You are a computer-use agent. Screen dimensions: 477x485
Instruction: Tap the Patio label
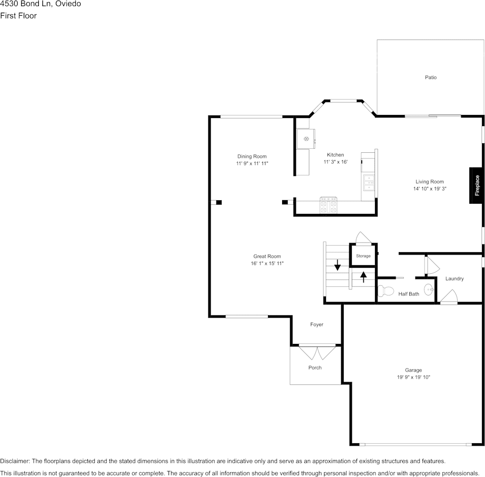click(430, 78)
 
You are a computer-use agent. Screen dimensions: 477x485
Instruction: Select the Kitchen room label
click(335, 155)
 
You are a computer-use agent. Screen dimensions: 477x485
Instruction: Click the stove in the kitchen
click(329, 205)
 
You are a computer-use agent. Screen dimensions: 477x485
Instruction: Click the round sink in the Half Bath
click(428, 289)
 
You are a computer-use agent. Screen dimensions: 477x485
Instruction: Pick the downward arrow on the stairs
click(337, 265)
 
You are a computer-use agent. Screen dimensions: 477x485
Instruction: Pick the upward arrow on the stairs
click(363, 277)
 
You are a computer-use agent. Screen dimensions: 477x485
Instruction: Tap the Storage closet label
click(363, 256)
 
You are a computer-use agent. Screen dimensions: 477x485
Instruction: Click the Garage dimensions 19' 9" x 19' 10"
click(413, 377)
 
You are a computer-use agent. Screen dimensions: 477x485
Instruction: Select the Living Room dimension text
click(429, 189)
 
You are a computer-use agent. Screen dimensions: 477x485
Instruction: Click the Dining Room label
click(252, 156)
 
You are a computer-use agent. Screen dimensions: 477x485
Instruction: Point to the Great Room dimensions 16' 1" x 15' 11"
click(267, 264)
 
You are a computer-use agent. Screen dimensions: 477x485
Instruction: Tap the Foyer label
click(316, 325)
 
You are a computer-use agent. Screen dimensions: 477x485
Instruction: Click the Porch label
click(315, 368)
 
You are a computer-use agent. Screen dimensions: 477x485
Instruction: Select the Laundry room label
click(454, 279)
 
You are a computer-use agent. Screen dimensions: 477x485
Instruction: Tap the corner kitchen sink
click(306, 139)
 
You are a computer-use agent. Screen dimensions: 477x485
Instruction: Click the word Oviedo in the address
click(68, 4)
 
